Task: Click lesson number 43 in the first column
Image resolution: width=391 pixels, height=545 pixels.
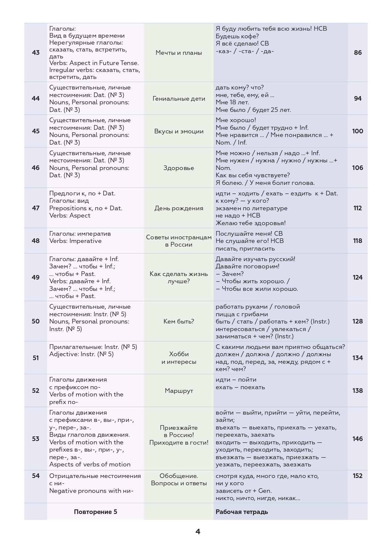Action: coord(36,52)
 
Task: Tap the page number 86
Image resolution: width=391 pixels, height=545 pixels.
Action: coord(358,52)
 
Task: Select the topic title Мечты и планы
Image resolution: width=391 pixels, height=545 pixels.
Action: coord(179,53)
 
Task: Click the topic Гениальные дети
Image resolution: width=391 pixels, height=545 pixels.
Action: coord(179,98)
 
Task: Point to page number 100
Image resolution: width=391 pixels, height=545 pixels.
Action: coord(358,131)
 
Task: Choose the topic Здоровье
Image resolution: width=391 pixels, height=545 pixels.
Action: coord(179,168)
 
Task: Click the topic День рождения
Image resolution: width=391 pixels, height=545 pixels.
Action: coord(179,208)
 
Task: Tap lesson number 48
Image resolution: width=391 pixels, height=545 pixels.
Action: coord(36,241)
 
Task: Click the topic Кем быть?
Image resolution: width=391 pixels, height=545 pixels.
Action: coord(179,321)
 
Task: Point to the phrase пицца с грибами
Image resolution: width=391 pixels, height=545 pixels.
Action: coord(242,314)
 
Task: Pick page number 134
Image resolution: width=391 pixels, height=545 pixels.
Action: coord(358,358)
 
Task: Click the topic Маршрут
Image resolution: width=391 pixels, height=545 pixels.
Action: coord(179,391)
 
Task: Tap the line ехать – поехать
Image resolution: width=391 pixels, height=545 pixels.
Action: coord(240,387)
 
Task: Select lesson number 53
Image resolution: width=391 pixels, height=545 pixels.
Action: coord(36,438)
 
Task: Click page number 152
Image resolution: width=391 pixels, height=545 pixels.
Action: coord(358,476)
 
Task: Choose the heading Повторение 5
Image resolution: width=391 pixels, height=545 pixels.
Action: coord(95,512)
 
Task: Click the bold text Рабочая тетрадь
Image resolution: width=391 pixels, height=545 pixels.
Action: coord(242,512)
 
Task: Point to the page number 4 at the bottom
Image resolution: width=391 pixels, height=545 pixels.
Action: coord(198,531)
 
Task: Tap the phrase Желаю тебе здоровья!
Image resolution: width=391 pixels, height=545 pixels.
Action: coord(251,223)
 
